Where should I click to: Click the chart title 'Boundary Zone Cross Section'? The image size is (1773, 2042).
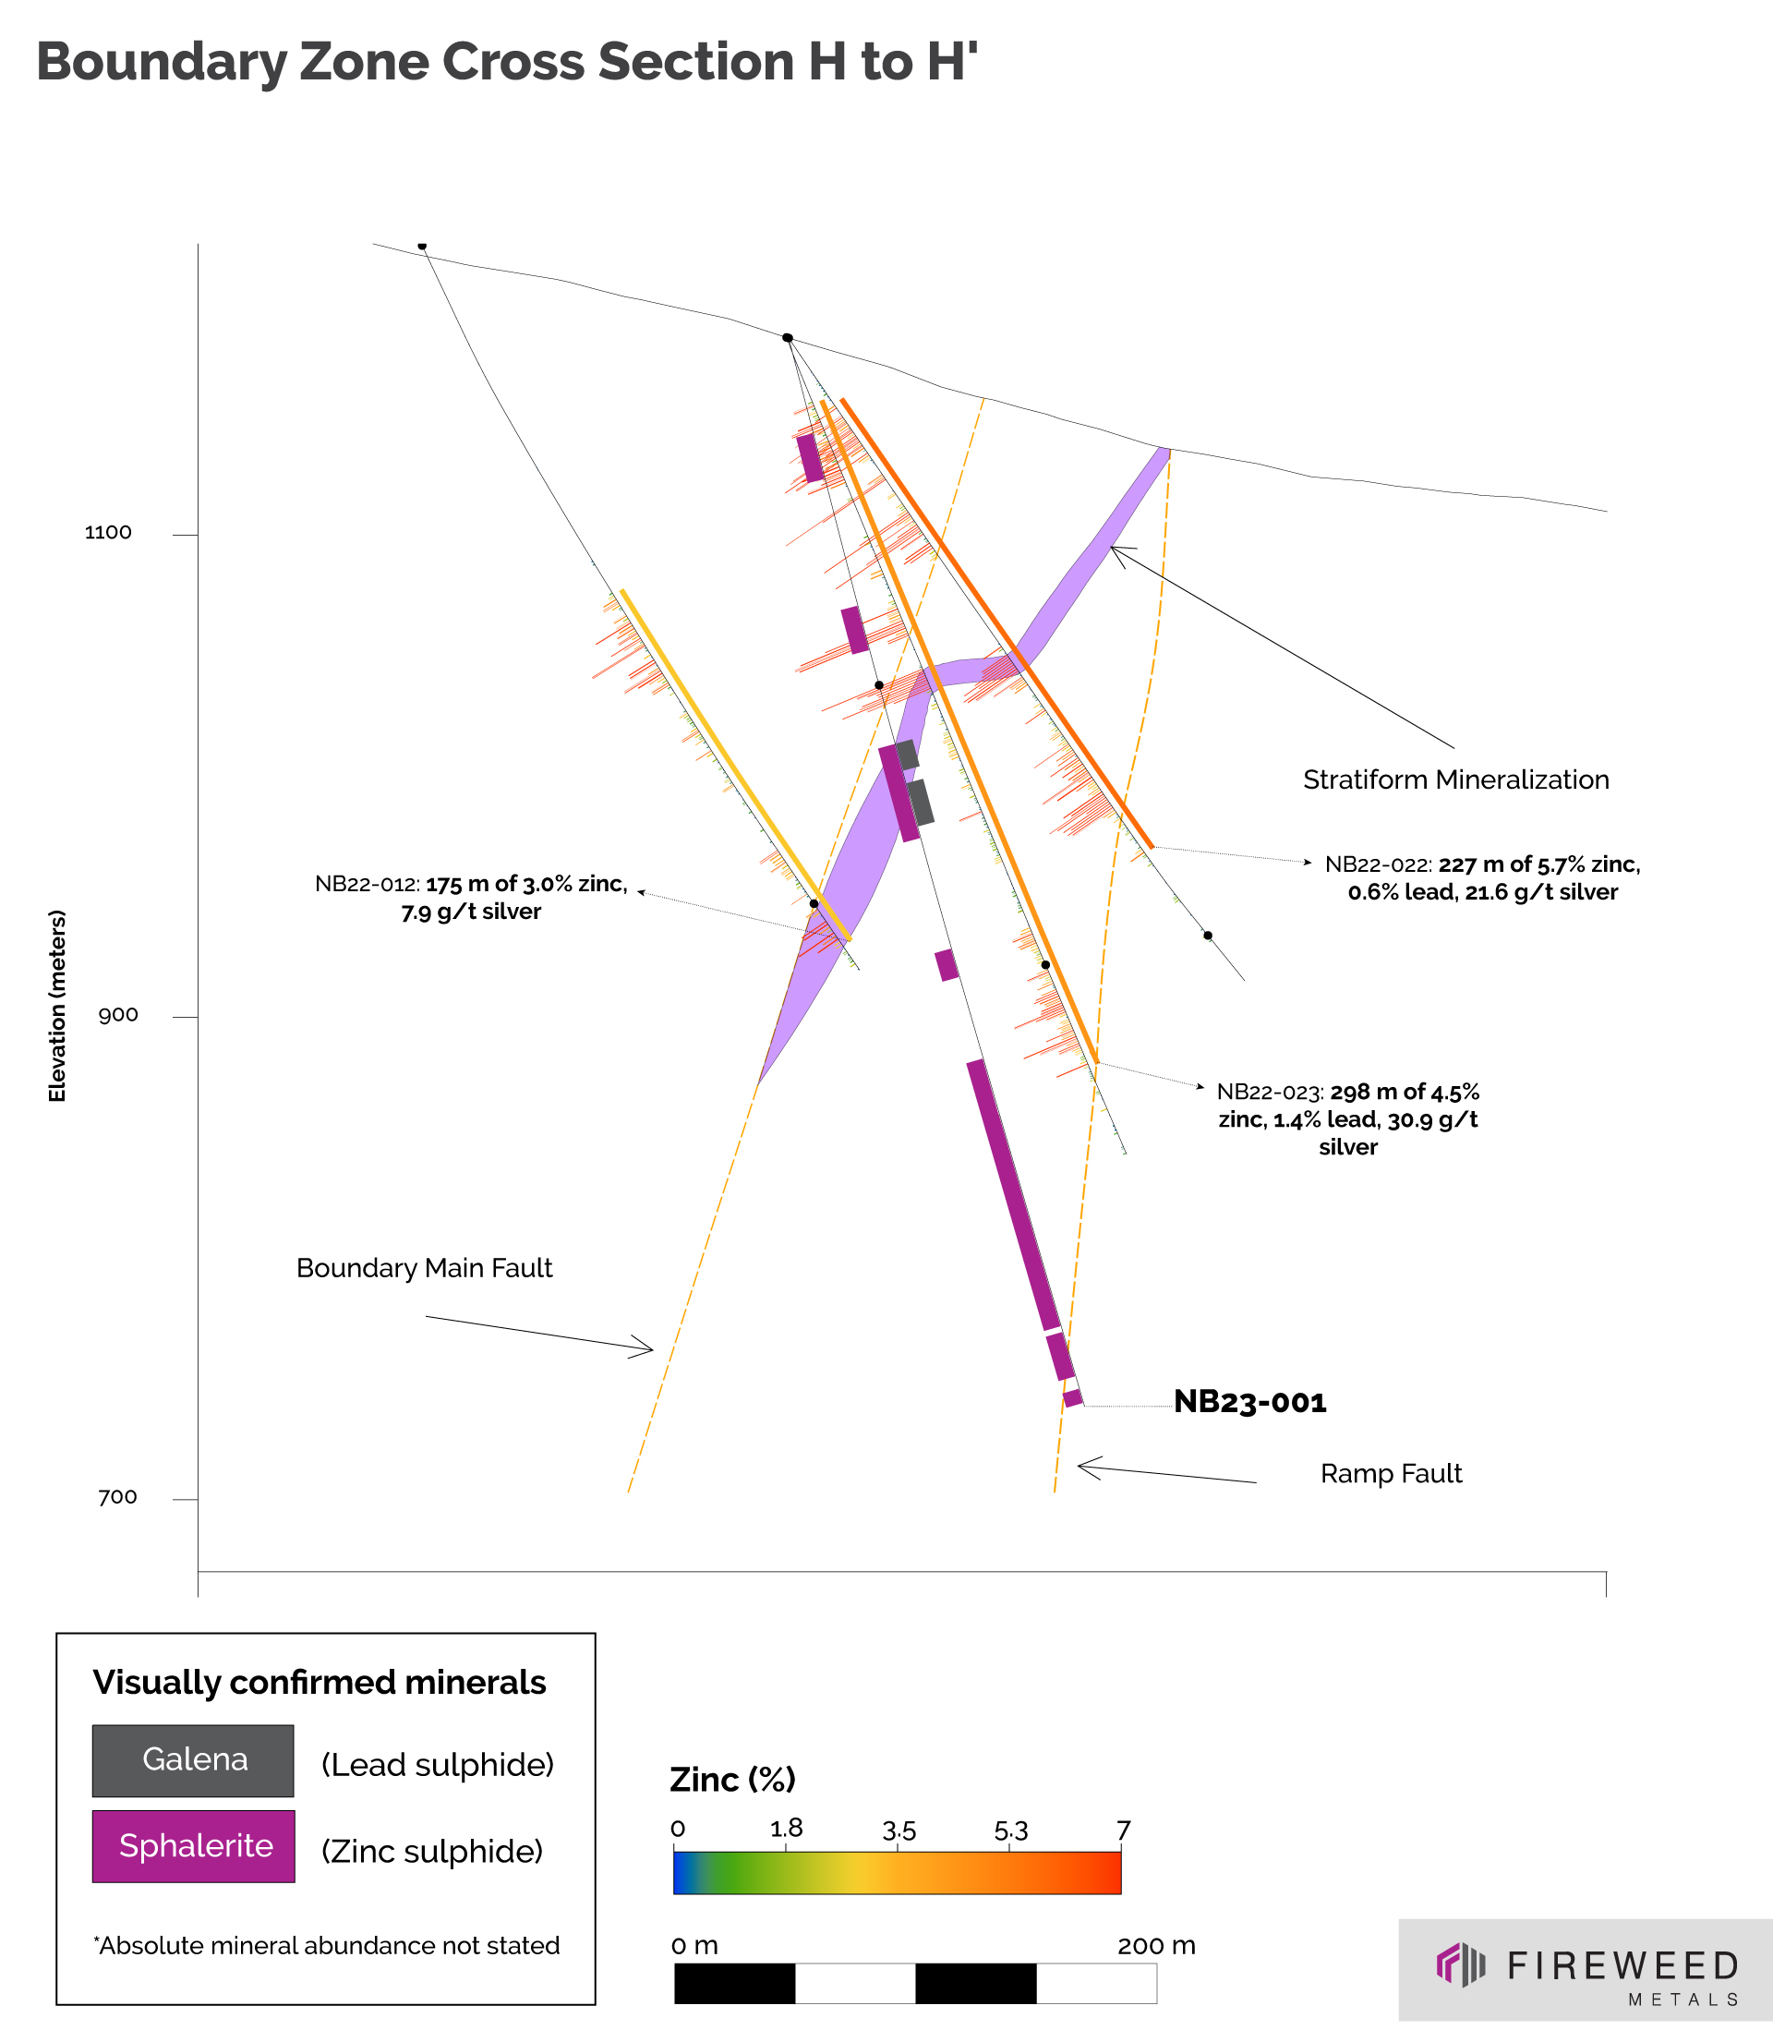coord(507,61)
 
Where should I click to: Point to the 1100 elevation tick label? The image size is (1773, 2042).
coord(108,532)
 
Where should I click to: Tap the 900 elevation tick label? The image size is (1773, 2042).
coord(118,1014)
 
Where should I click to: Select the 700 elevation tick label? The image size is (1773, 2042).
coord(118,1497)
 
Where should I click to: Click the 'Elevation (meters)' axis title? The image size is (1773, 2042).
coord(57,1005)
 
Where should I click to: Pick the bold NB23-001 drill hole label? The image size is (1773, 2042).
coord(1249,1402)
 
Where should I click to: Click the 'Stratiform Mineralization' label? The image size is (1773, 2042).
coord(1455,779)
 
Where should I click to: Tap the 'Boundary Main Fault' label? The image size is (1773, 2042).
coord(425,1268)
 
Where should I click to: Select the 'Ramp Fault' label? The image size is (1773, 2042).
coord(1390,1474)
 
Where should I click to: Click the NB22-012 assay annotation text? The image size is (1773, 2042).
coord(471,898)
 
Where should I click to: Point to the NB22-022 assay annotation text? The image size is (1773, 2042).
coord(1482,877)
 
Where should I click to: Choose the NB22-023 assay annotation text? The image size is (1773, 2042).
coord(1347,1119)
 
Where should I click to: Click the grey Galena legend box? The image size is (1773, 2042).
coord(193,1761)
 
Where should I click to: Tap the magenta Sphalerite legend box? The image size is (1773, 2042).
coord(193,1846)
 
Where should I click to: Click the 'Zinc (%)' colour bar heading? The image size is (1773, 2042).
coord(732,1780)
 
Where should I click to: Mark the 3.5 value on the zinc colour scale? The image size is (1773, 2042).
coord(899,1831)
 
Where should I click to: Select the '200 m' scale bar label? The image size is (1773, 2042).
coord(1155,1946)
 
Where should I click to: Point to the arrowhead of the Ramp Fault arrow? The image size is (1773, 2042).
coord(1080,1465)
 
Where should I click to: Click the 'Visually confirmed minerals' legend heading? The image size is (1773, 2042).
coord(319,1683)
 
